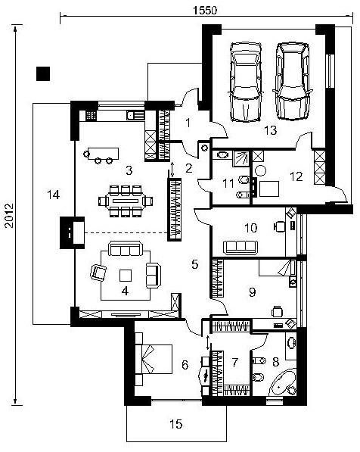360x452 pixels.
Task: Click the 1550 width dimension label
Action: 205,11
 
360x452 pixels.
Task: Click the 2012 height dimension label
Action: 9,216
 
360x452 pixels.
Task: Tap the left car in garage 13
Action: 246,83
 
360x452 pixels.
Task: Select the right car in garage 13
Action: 293,81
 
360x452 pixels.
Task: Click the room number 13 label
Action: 271,130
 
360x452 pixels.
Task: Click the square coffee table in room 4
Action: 126,276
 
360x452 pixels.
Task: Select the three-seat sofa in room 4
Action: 126,248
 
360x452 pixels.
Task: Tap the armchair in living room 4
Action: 98,273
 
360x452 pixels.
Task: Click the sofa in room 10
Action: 241,248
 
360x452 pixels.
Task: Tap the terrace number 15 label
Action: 175,424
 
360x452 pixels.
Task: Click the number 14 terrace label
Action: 53,195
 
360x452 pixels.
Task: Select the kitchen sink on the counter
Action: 135,115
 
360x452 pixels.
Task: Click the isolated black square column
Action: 43,73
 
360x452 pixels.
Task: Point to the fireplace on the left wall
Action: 73,232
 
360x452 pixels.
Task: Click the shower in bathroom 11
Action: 241,158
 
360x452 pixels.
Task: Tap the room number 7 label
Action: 235,363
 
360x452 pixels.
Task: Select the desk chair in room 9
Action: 277,311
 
